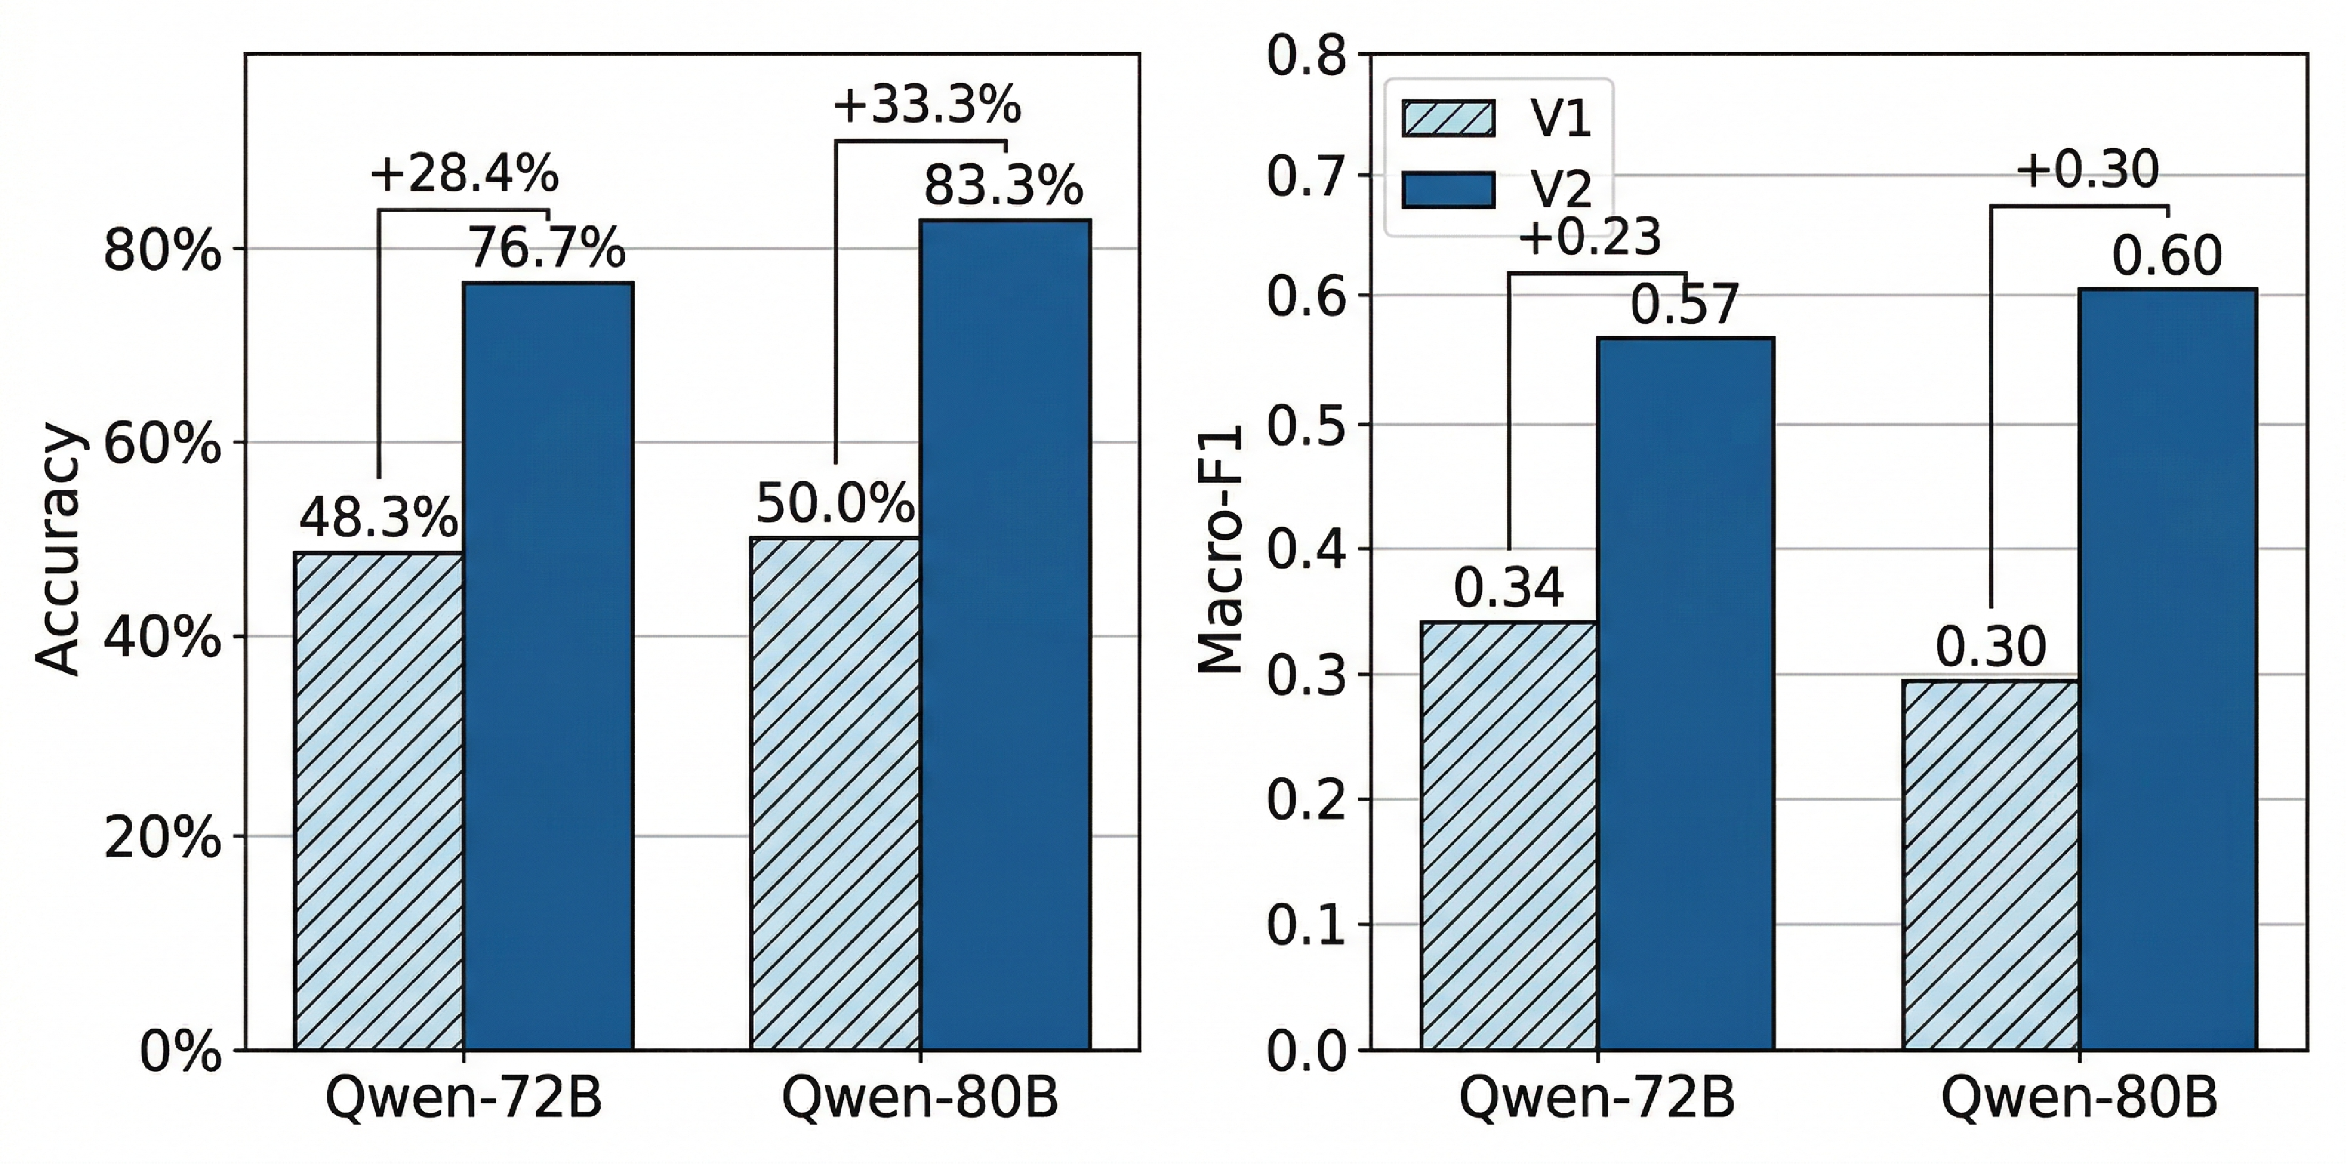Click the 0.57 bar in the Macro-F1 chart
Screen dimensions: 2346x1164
1687,694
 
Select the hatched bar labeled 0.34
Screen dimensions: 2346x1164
1509,836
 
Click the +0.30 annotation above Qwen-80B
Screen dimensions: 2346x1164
2087,169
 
